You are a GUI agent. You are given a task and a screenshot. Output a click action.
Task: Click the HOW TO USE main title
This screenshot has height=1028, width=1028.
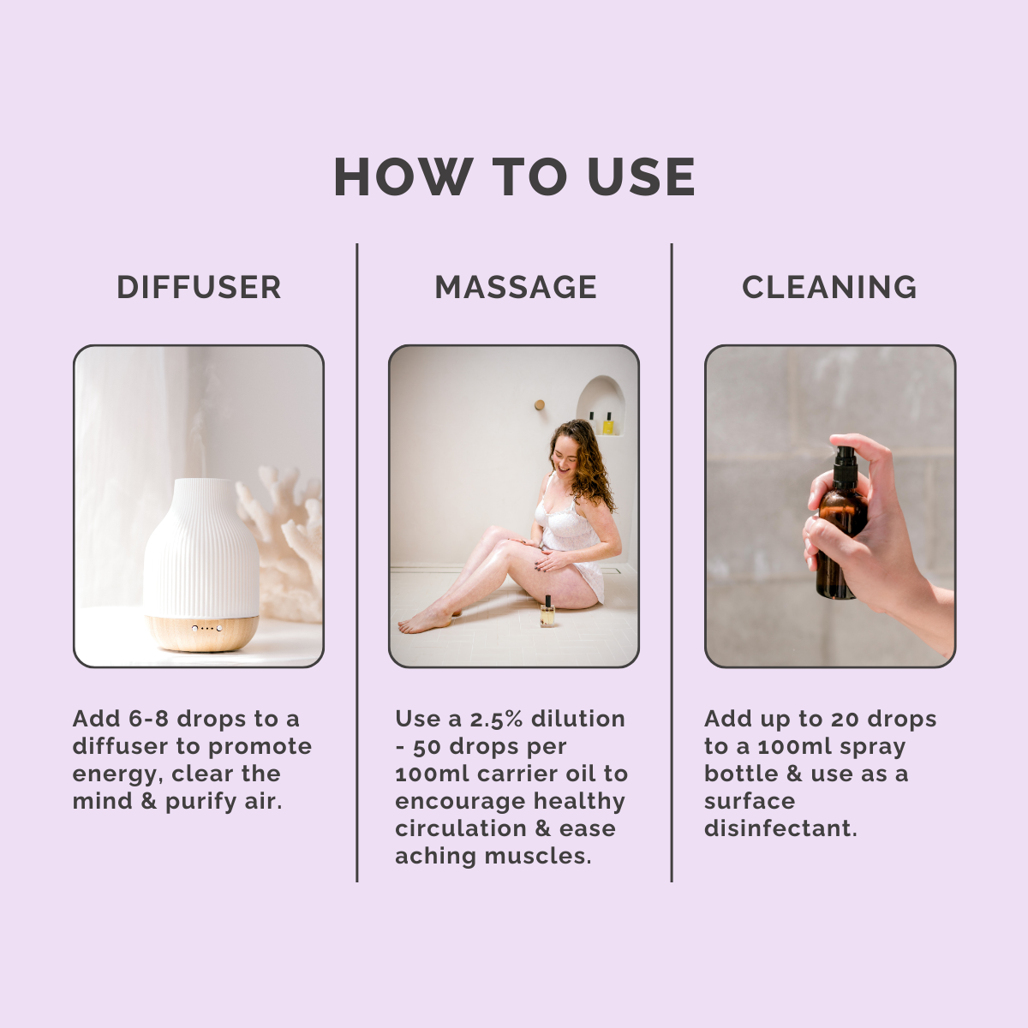(514, 177)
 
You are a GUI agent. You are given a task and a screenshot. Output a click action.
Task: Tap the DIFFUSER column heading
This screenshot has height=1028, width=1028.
(199, 288)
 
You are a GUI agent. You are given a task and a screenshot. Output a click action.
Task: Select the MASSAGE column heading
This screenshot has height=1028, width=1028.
(516, 288)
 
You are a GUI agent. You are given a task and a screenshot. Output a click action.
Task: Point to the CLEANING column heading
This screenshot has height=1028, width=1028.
(829, 288)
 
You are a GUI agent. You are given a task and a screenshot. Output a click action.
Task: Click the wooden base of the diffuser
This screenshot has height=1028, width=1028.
(201, 633)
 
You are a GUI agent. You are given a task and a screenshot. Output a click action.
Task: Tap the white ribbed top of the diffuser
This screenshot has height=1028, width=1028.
(201, 547)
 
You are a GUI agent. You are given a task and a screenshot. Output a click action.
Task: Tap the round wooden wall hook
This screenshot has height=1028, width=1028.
(540, 405)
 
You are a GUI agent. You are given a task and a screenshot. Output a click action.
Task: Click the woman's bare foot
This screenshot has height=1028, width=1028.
(422, 622)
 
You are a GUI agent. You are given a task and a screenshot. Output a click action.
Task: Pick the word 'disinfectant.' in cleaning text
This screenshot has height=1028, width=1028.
(780, 829)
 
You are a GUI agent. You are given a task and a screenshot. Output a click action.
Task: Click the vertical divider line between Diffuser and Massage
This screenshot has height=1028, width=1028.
(357, 563)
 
